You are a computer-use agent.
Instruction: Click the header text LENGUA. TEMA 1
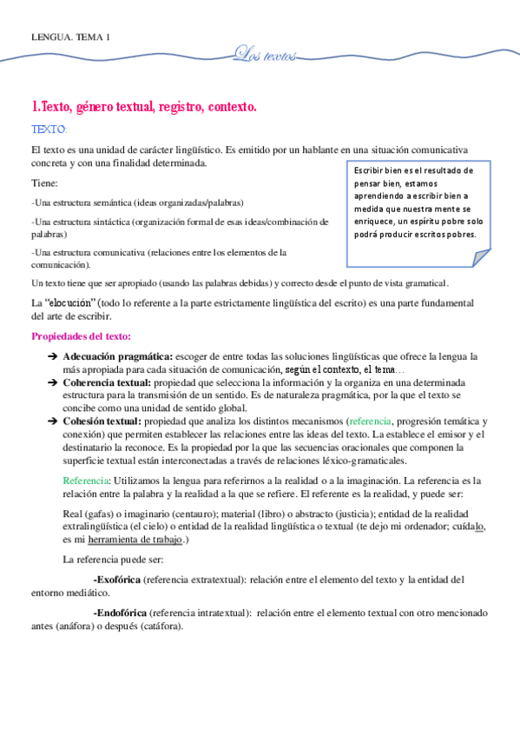coord(70,37)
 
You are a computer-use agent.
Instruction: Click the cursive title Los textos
coord(266,56)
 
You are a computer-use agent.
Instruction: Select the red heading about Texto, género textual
coord(144,107)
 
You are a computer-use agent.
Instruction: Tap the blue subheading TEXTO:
coord(49,129)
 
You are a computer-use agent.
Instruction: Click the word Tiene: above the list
coord(44,183)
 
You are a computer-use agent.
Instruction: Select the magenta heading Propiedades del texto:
coord(82,336)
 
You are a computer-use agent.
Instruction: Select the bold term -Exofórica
coord(115,579)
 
